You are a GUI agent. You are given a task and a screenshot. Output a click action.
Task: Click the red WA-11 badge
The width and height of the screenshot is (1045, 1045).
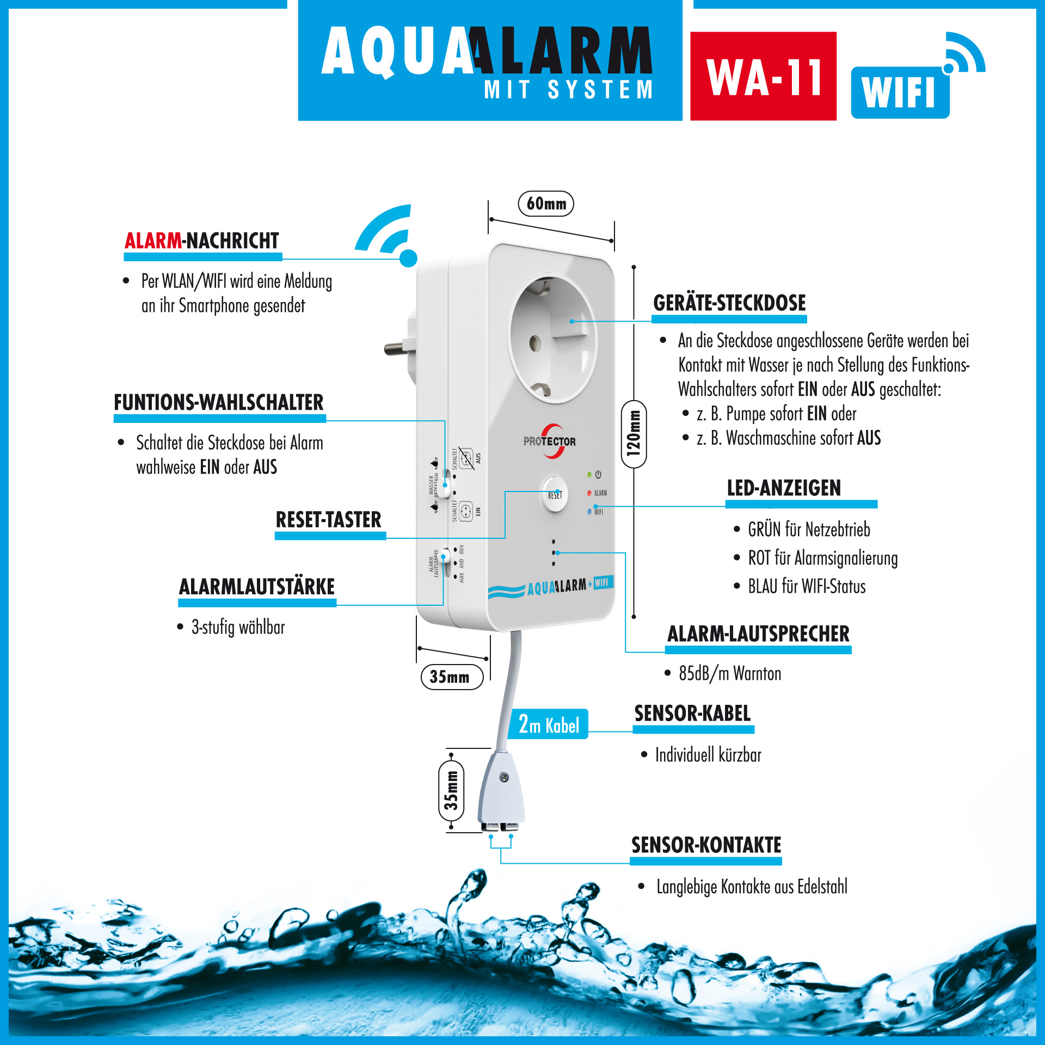(x=763, y=76)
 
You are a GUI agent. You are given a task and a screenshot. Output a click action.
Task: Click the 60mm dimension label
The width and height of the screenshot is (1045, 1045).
(x=546, y=204)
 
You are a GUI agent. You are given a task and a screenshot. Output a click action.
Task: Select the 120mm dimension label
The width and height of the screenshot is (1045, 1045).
(x=634, y=434)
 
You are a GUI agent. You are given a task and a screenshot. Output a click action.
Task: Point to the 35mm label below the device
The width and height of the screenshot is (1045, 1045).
(x=452, y=677)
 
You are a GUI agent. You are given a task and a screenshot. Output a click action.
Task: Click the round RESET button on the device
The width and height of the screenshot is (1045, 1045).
(x=554, y=494)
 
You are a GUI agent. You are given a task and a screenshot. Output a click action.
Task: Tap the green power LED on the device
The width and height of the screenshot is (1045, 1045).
(x=589, y=475)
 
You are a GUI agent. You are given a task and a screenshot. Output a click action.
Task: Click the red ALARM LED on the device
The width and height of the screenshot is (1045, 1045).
(x=589, y=493)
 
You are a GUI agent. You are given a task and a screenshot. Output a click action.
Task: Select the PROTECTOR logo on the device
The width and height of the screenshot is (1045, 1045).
(x=550, y=441)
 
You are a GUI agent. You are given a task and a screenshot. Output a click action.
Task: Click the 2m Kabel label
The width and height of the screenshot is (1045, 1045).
(x=548, y=724)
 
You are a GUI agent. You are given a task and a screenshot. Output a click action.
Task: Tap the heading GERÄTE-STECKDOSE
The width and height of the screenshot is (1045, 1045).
(x=729, y=303)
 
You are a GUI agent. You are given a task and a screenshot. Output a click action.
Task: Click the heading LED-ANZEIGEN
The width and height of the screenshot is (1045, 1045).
(x=784, y=488)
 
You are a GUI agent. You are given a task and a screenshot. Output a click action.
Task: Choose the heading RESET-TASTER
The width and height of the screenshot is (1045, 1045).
(x=328, y=520)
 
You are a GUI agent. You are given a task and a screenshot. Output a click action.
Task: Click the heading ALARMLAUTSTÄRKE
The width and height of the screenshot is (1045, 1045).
(x=257, y=587)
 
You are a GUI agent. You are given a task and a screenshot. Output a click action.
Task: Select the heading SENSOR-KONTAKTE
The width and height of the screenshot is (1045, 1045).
(x=706, y=845)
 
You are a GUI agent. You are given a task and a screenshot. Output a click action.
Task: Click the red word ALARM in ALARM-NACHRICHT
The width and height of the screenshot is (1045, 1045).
(x=153, y=241)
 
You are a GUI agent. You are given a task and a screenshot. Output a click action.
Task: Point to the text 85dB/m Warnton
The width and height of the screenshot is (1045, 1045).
(x=729, y=674)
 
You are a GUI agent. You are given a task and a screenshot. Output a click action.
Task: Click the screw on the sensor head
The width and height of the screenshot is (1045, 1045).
(x=504, y=777)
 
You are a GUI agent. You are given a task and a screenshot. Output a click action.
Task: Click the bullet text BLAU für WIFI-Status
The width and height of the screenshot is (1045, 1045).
(x=806, y=587)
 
